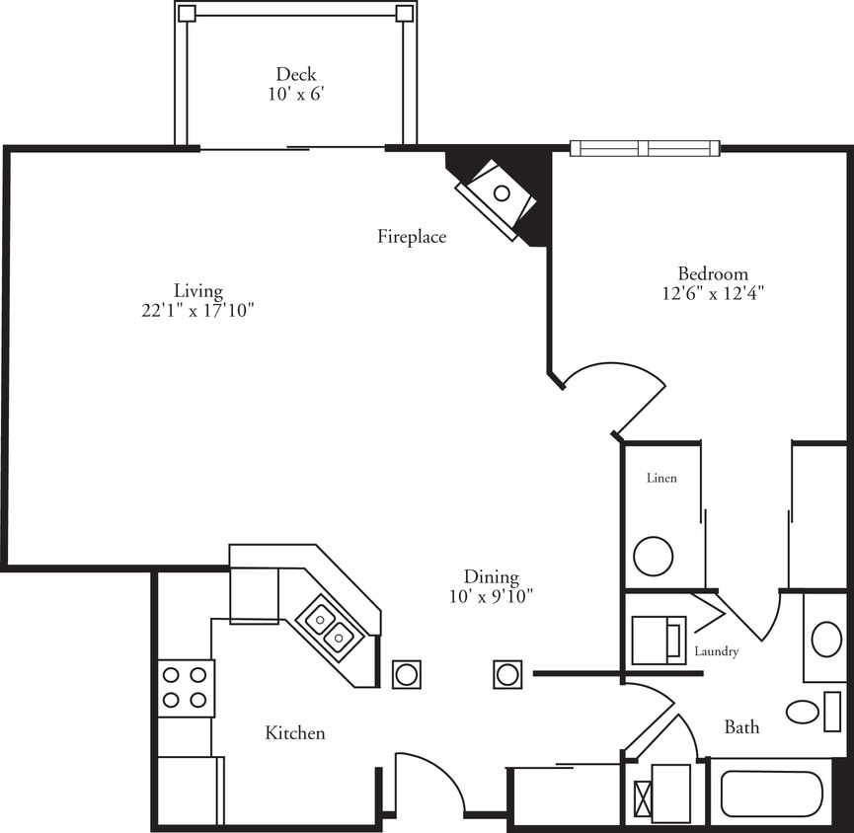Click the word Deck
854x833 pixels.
pyautogui.click(x=296, y=74)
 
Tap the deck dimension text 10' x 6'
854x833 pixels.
pyautogui.click(x=296, y=94)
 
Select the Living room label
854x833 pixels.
pyautogui.click(x=198, y=290)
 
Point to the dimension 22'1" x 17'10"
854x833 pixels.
pyautogui.click(x=198, y=310)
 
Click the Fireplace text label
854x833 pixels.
pyautogui.click(x=412, y=237)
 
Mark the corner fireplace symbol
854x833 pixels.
pyautogui.click(x=499, y=194)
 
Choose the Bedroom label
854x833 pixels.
pyautogui.click(x=712, y=273)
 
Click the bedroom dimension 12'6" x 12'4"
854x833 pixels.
pyautogui.click(x=712, y=293)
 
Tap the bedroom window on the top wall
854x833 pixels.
pyautogui.click(x=645, y=148)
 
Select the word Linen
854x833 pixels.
pyautogui.click(x=661, y=479)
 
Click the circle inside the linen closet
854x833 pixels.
pyautogui.click(x=653, y=556)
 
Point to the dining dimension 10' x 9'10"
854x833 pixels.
pyautogui.click(x=491, y=597)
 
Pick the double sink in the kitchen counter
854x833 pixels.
pyautogui.click(x=329, y=629)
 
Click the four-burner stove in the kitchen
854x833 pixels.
pyautogui.click(x=186, y=687)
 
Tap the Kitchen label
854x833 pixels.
pyautogui.click(x=294, y=733)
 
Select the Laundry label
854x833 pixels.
pyautogui.click(x=716, y=652)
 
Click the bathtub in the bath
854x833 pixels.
pyautogui.click(x=771, y=793)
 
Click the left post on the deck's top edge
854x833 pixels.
pyautogui.click(x=187, y=14)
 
